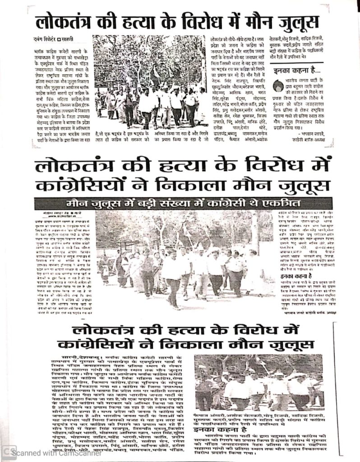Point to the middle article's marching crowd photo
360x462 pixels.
(x=180, y=259)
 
